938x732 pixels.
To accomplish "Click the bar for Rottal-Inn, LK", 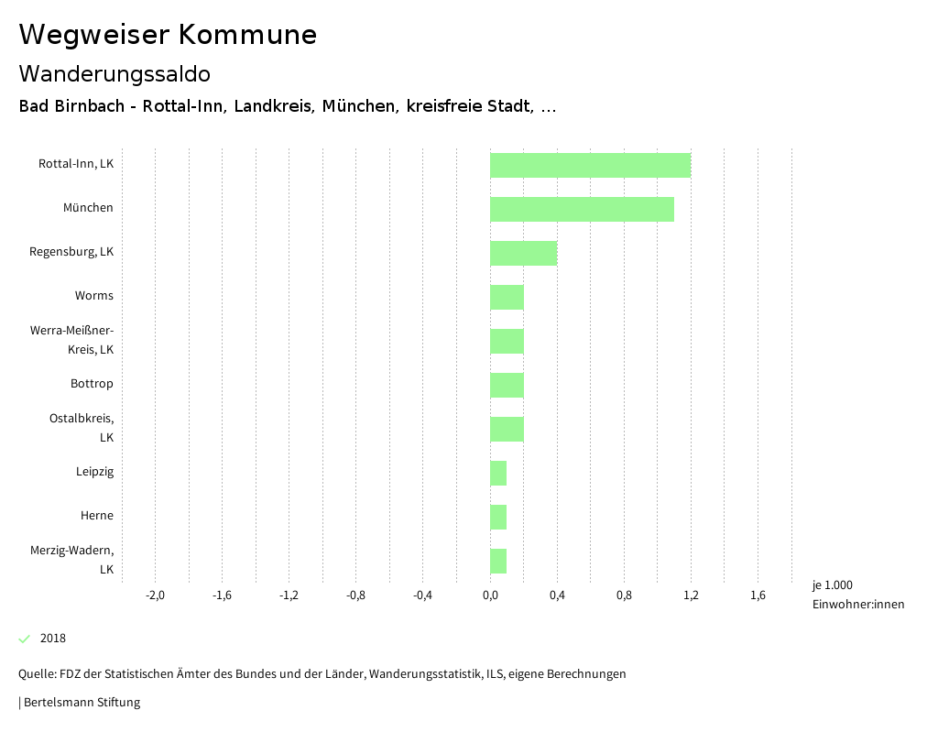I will click(x=590, y=166).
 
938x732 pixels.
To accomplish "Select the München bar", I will click(x=582, y=210).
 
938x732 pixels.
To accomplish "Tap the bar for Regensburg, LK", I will click(x=523, y=254).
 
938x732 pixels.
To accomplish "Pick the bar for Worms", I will click(x=507, y=298).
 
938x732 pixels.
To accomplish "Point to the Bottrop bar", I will click(x=507, y=386).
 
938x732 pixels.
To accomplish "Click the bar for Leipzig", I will click(x=498, y=474).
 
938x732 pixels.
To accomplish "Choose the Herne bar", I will click(x=498, y=518).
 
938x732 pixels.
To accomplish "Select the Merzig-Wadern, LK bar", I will click(x=498, y=562).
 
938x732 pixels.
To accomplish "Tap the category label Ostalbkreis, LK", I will click(x=82, y=428).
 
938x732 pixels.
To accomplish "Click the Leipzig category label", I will click(x=95, y=472).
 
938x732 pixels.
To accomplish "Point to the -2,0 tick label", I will click(x=155, y=595).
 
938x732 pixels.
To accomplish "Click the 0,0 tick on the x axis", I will click(x=490, y=595).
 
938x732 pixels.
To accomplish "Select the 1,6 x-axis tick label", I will click(x=758, y=595).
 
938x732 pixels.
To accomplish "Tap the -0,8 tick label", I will click(x=355, y=595).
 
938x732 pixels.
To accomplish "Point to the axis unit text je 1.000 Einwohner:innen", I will click(x=857, y=595).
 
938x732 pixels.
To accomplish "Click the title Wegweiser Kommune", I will click(x=168, y=35).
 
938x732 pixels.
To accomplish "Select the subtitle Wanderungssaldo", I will click(x=115, y=73).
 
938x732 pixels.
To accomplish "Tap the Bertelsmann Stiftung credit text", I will click(x=81, y=703).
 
